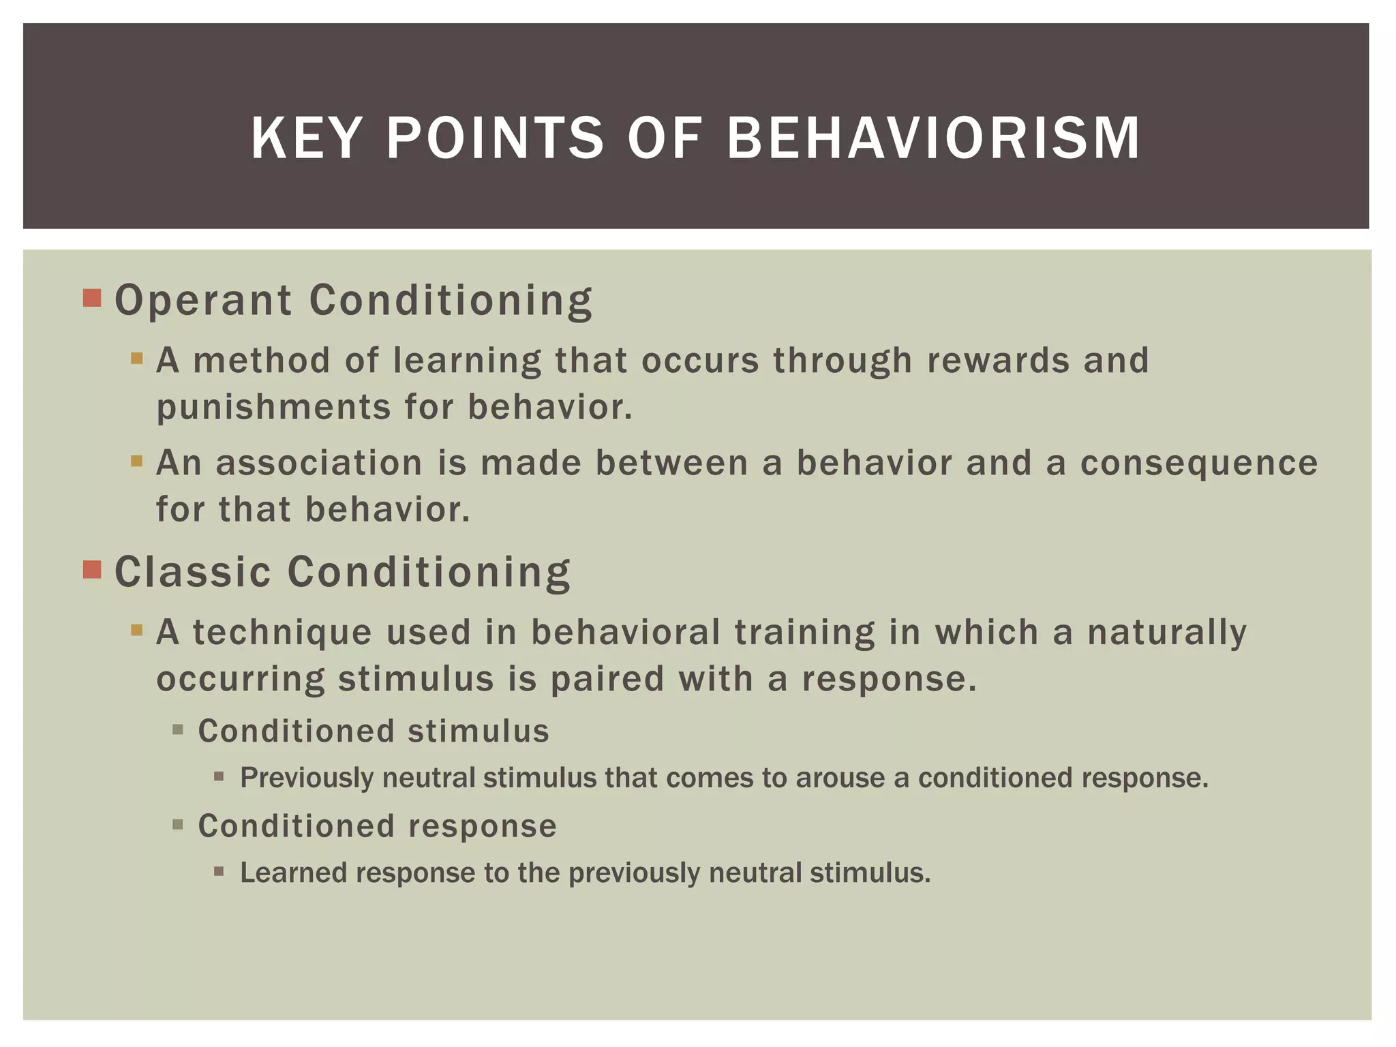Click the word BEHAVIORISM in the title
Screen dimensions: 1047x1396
click(x=933, y=138)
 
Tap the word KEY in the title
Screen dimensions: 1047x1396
click(x=304, y=138)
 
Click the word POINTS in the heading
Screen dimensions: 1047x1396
click(x=495, y=138)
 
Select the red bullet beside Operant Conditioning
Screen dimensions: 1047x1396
click(x=92, y=298)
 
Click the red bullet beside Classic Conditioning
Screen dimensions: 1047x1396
click(x=92, y=569)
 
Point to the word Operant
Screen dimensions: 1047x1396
click(x=203, y=301)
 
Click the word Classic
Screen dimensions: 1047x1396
click(x=192, y=571)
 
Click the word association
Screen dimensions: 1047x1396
click(x=319, y=463)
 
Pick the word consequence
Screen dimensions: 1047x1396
click(x=1199, y=463)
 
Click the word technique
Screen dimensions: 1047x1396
click(x=282, y=632)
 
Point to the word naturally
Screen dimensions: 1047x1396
click(x=1166, y=632)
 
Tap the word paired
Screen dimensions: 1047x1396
click(x=607, y=679)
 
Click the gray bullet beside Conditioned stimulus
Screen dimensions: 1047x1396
click(x=178, y=730)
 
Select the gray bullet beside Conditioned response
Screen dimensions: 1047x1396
click(x=178, y=825)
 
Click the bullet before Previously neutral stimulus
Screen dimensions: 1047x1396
click(x=219, y=776)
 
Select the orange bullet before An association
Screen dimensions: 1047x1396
click(x=137, y=461)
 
